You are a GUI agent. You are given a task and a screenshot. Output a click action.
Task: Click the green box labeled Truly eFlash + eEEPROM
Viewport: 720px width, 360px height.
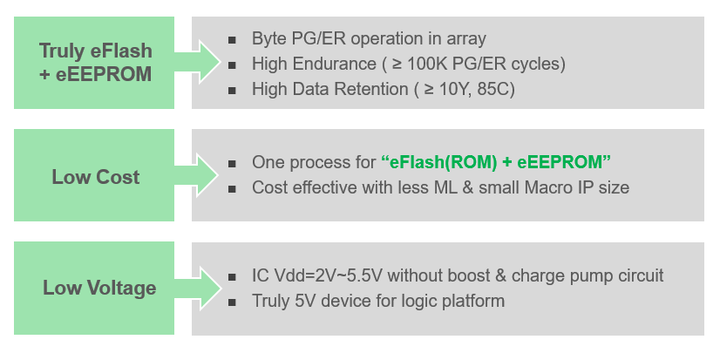point(96,63)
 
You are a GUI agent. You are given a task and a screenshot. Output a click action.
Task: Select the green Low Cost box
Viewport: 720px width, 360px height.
point(96,177)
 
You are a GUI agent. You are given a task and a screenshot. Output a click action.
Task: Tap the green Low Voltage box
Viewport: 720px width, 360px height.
point(96,289)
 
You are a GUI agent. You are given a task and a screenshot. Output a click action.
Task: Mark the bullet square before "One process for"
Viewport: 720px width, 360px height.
point(232,163)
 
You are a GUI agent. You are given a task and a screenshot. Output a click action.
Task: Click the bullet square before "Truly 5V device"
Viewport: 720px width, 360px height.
point(232,302)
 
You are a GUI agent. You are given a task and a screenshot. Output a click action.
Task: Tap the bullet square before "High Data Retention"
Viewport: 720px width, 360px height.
point(232,90)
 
